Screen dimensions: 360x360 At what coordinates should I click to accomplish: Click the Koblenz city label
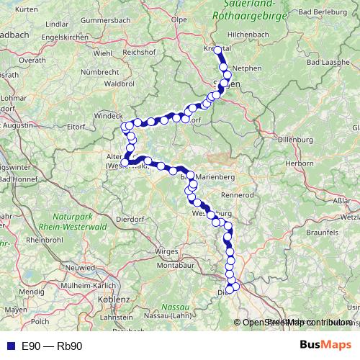pos(114,297)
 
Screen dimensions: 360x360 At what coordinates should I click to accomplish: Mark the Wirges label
pos(166,251)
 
